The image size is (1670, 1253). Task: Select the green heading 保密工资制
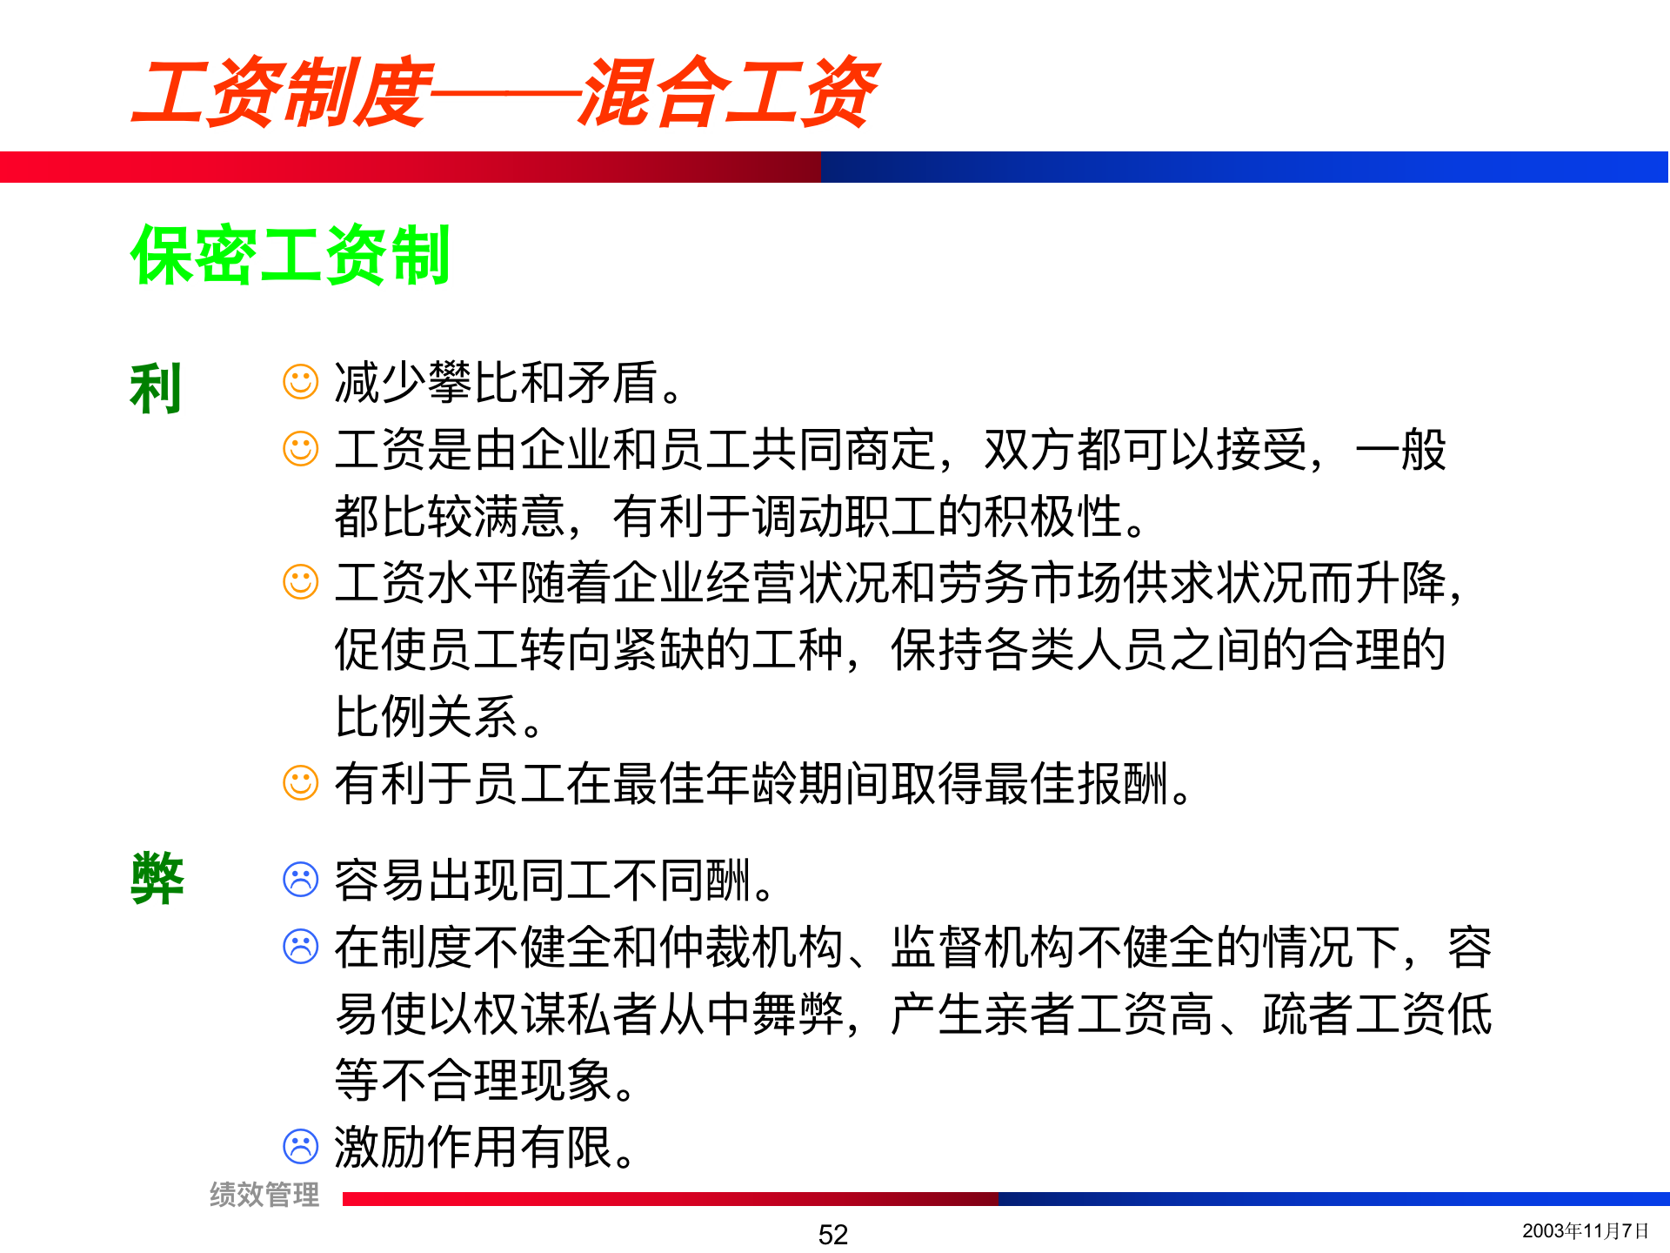coord(290,255)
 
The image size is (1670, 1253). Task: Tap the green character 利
coord(156,388)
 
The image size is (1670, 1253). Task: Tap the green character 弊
coord(157,879)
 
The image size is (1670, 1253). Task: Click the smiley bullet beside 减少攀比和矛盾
coord(301,382)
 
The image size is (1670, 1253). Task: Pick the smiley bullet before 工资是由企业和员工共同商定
coord(301,449)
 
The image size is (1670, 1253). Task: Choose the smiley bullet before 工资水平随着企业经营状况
coord(301,582)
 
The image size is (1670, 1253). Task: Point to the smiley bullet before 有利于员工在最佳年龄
coord(301,783)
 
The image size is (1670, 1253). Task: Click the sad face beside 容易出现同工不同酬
coord(301,880)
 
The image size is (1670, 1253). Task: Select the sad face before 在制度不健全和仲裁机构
coord(301,947)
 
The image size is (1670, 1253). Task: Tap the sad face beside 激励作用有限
coord(301,1147)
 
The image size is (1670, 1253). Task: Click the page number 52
coord(833,1234)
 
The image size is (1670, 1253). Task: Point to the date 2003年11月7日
coord(1585,1230)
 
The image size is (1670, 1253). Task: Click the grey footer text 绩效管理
coord(264,1195)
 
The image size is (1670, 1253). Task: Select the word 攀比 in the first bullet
coord(473,383)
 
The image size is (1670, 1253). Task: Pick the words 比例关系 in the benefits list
coord(426,717)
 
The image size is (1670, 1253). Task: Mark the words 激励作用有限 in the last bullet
coord(474,1148)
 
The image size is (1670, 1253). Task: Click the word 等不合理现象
coord(474,1081)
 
